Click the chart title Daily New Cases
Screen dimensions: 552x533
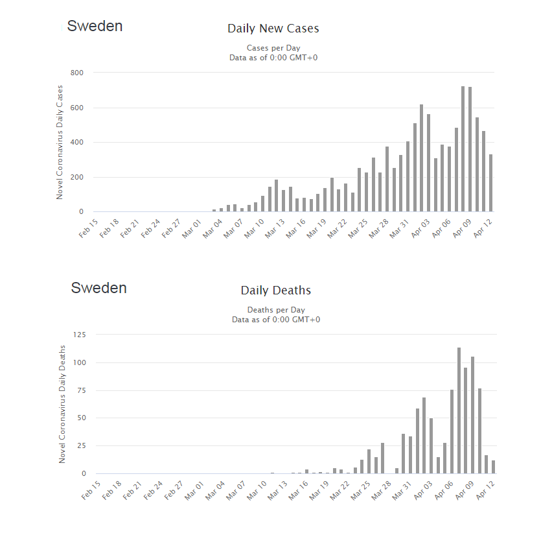(273, 28)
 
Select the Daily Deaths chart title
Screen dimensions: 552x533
(275, 290)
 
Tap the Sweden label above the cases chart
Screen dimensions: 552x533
(95, 26)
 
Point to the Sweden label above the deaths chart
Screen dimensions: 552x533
(98, 288)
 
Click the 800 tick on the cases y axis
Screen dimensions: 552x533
(76, 73)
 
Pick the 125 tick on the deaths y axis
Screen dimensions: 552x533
(80, 335)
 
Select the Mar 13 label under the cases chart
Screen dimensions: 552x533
(275, 229)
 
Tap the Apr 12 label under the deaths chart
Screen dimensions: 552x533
(485, 490)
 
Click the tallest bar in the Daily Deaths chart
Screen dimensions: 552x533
(459, 410)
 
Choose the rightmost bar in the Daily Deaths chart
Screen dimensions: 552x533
(494, 467)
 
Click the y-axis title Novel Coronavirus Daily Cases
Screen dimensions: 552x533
(60, 142)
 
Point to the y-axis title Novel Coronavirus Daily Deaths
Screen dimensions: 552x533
(62, 404)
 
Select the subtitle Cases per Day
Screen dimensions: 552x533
(273, 48)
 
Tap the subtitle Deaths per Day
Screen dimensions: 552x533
(276, 310)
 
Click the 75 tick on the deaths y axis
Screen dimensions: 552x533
(82, 390)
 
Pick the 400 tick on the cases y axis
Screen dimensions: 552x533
(76, 142)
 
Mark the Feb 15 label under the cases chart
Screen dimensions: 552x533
(88, 229)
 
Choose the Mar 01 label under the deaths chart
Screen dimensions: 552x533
(194, 490)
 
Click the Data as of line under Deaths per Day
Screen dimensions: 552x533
(276, 320)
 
